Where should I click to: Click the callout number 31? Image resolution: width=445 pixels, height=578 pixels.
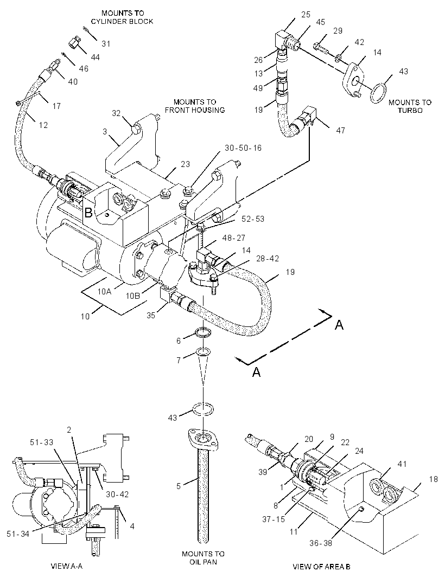tap(106, 44)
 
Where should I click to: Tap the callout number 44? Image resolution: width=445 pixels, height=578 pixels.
tap(95, 57)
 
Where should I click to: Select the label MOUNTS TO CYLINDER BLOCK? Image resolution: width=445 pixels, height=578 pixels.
tap(122, 17)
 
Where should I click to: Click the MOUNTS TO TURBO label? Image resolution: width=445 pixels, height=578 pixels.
tap(410, 106)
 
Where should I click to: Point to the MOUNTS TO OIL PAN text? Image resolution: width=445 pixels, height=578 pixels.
tap(203, 558)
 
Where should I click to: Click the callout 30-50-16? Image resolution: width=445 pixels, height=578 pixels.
tap(243, 148)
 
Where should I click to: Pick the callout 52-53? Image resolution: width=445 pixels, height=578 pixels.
tap(253, 219)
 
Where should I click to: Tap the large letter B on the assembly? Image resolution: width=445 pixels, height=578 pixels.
tap(88, 213)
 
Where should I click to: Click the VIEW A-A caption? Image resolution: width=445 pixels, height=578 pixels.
tap(66, 566)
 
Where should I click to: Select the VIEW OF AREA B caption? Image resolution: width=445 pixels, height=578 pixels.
tap(321, 567)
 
